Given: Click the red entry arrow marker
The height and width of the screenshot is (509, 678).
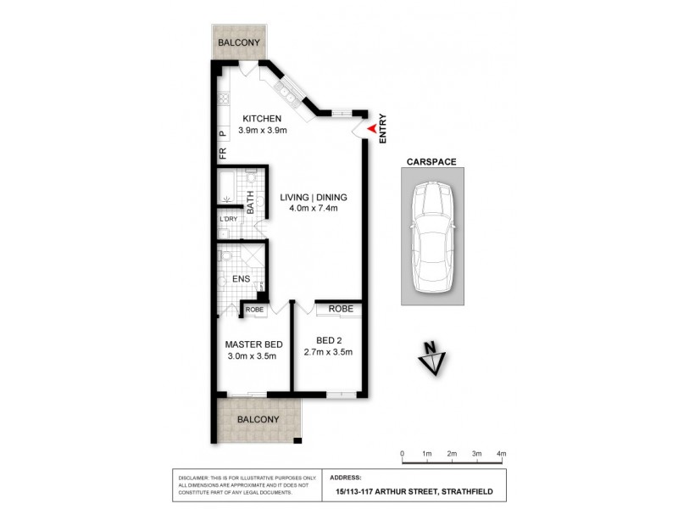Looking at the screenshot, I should tap(371, 128).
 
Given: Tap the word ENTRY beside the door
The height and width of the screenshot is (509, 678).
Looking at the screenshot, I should tap(383, 127).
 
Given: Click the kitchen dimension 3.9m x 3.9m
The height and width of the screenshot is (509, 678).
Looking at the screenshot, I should tap(264, 131).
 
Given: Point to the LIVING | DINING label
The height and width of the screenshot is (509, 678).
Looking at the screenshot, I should tap(314, 198).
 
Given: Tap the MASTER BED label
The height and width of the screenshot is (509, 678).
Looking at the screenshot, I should tap(253, 344).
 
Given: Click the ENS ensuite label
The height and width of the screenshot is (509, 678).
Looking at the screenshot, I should tap(240, 277).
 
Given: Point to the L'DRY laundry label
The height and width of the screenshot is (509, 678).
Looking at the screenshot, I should tap(228, 218).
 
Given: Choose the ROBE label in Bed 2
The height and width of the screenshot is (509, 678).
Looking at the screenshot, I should tap(341, 309).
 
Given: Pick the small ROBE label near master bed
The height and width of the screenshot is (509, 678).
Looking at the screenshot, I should tap(254, 310).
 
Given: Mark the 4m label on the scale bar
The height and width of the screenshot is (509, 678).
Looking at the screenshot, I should tap(501, 454).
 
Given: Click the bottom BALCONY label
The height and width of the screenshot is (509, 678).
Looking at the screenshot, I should tap(258, 420).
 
